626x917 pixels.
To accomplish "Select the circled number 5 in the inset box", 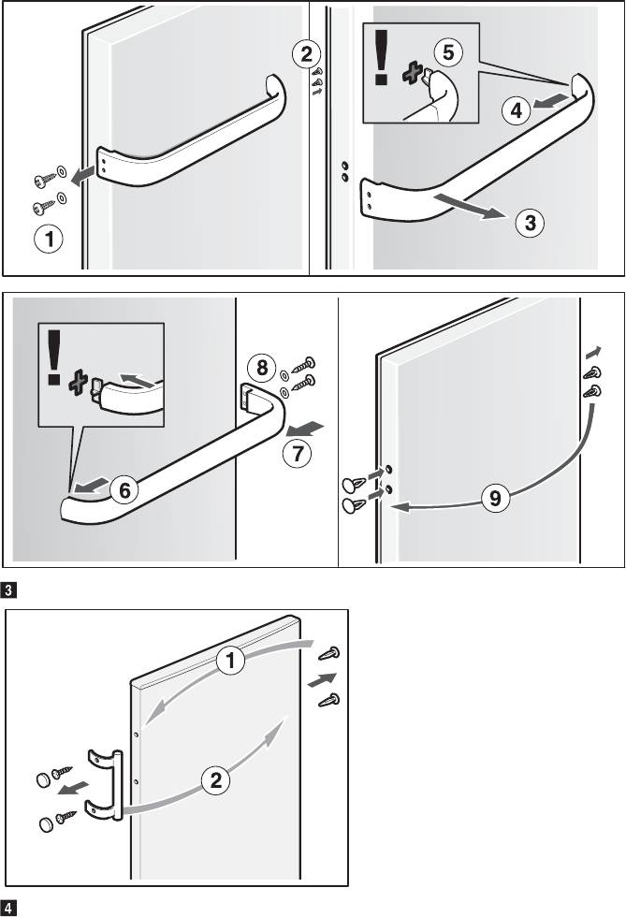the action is pyautogui.click(x=449, y=53).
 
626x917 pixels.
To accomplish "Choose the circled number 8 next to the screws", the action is pyautogui.click(x=261, y=366).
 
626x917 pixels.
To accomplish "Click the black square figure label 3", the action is pyautogui.click(x=7, y=590).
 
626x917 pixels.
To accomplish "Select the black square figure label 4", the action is pyautogui.click(x=7, y=908).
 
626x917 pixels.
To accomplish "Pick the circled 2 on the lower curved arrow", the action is pyautogui.click(x=215, y=780).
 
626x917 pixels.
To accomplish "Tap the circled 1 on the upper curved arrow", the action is pyautogui.click(x=231, y=662).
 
